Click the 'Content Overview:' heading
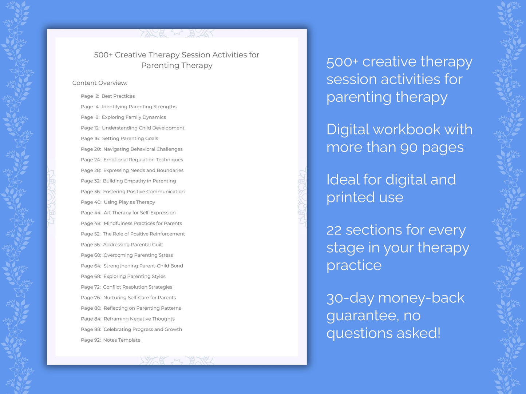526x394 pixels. pyautogui.click(x=100, y=83)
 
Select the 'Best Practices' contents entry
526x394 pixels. pyautogui.click(x=118, y=96)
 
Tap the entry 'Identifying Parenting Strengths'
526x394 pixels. pyautogui.click(x=139, y=107)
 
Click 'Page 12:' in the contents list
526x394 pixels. pyautogui.click(x=90, y=128)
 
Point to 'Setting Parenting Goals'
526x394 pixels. pyautogui.click(x=130, y=138)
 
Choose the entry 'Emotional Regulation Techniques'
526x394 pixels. pyautogui.click(x=143, y=160)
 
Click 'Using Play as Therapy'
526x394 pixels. pyautogui.click(x=129, y=202)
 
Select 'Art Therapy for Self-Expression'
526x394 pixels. pyautogui.click(x=139, y=213)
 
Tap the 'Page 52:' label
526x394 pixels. pyautogui.click(x=91, y=234)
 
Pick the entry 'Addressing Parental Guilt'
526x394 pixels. pyautogui.click(x=133, y=245)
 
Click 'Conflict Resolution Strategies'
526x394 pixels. pyautogui.click(x=138, y=287)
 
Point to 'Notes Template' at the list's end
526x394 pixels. pyautogui.click(x=122, y=340)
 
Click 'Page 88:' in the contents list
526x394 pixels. pyautogui.click(x=91, y=330)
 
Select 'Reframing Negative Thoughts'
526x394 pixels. pyautogui.click(x=139, y=319)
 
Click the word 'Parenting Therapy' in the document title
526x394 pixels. pyautogui.click(x=177, y=65)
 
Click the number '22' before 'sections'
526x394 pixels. pyautogui.click(x=334, y=230)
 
